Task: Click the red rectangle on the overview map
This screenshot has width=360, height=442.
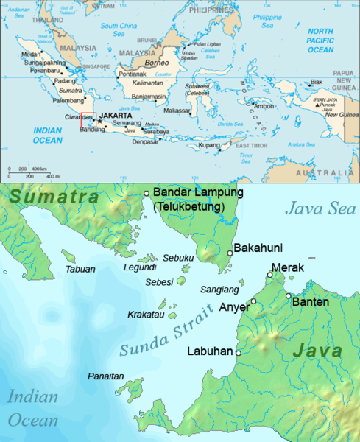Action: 88,120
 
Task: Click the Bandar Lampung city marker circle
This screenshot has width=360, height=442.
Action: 147,193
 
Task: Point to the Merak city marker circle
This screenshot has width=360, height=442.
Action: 270,276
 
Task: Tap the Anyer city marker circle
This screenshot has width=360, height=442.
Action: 253,301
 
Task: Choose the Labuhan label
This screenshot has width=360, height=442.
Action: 210,351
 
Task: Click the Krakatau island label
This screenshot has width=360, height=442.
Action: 147,314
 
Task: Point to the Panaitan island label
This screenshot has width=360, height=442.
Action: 106,376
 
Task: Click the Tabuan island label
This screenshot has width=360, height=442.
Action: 80,269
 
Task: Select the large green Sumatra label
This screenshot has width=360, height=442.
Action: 49,197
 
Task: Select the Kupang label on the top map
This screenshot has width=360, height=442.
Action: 209,145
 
